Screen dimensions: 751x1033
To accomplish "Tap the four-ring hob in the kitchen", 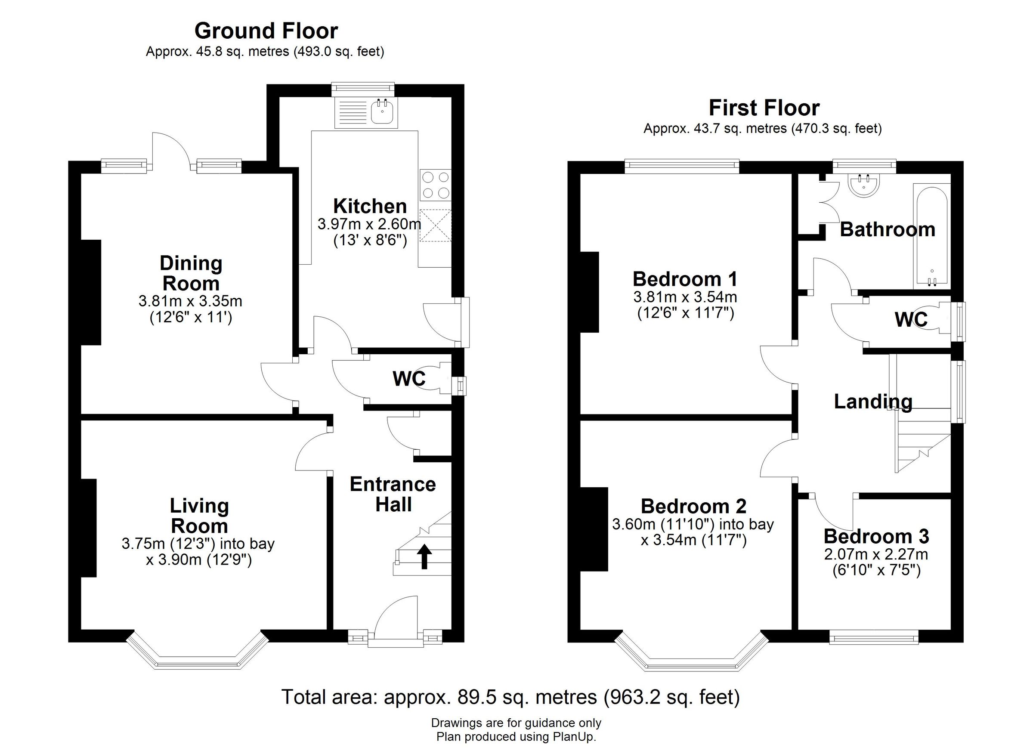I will [436, 185].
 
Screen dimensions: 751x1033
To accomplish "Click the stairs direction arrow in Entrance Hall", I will [424, 556].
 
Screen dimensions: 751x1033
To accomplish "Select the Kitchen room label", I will [370, 206].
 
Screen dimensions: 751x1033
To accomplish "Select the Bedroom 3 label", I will [876, 537].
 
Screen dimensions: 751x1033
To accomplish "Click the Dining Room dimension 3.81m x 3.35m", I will [190, 301].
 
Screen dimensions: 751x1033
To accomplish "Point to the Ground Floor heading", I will [266, 31].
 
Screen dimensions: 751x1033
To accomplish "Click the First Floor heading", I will [764, 108].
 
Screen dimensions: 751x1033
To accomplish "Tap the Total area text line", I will [510, 697].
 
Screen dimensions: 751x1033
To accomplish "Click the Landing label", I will [873, 402].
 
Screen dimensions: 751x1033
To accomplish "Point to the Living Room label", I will [199, 516].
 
